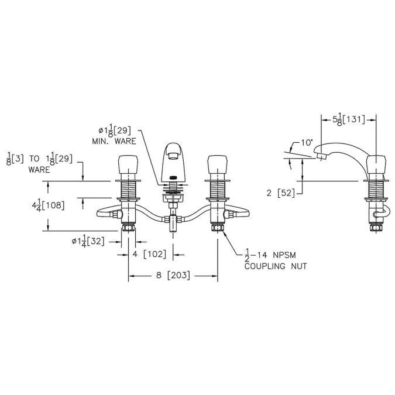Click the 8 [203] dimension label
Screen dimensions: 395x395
(173, 275)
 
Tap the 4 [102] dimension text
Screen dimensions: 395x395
(149, 254)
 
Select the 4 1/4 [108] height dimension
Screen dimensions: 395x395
(48, 205)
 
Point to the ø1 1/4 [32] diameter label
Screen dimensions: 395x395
(88, 241)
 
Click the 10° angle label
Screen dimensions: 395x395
(307, 143)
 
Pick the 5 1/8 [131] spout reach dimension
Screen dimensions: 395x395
(349, 119)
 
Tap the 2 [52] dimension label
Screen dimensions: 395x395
(280, 193)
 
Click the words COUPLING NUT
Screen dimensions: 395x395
(276, 266)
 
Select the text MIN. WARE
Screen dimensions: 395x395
(114, 141)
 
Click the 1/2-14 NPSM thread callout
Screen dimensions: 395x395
(270, 255)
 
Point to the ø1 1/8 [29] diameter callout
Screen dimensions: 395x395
(115, 130)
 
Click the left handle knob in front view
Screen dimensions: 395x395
(128, 165)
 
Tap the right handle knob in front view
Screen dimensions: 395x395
(218, 165)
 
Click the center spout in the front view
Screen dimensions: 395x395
(173, 161)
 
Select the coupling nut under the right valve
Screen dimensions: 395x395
(218, 228)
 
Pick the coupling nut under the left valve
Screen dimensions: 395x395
(128, 228)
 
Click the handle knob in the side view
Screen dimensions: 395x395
(376, 165)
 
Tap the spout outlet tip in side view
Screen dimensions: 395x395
(321, 157)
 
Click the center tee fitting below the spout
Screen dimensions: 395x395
(173, 222)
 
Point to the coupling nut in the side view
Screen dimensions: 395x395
(376, 228)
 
